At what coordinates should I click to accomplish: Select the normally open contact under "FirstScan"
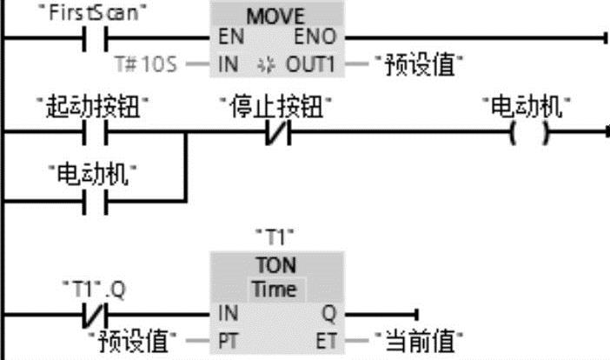pyautogui.click(x=95, y=39)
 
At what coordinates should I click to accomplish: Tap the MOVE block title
pyautogui.click(x=277, y=17)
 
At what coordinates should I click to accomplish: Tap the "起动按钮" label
pyautogui.click(x=95, y=108)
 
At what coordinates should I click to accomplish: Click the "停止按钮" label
pyautogui.click(x=277, y=108)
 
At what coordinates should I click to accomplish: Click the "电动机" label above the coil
pyautogui.click(x=531, y=108)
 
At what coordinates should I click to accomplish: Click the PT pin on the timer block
pyautogui.click(x=224, y=337)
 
